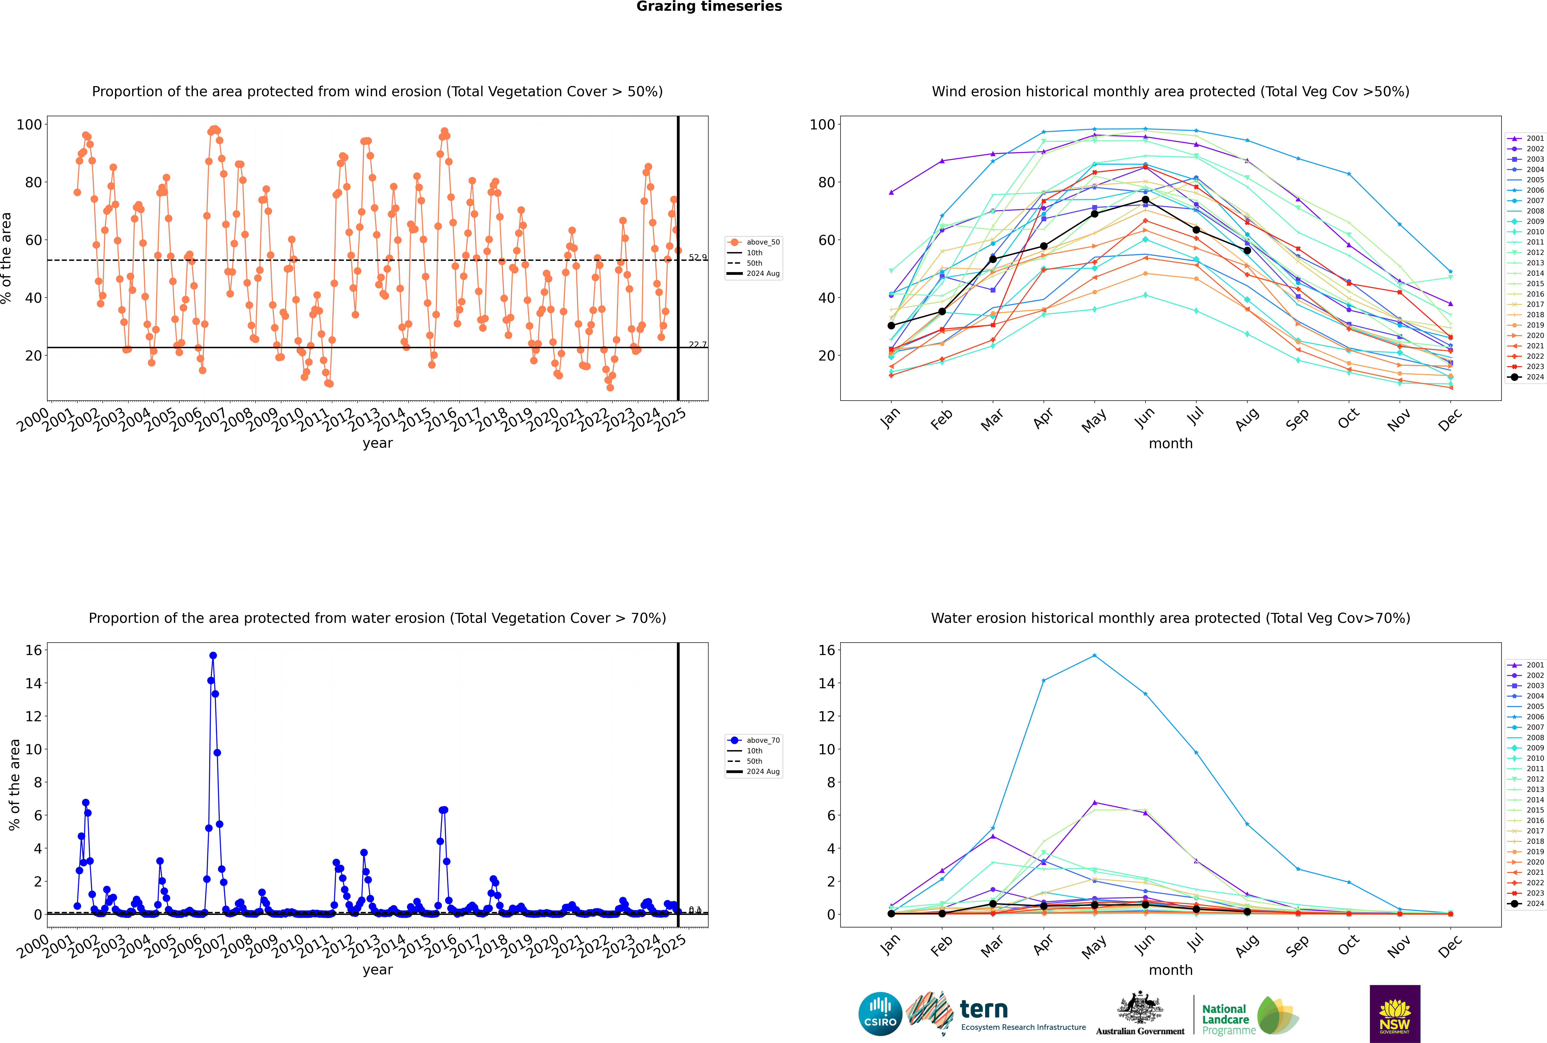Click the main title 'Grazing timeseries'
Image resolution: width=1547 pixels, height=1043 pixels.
(x=709, y=7)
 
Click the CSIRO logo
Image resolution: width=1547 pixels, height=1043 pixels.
(x=880, y=1014)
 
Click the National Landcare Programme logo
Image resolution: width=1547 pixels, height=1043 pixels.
(x=1249, y=1016)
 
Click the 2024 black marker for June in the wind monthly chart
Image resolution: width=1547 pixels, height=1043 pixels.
(x=1145, y=200)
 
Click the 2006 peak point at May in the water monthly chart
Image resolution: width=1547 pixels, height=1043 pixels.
(x=1095, y=656)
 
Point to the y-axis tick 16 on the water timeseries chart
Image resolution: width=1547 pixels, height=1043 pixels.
(x=33, y=650)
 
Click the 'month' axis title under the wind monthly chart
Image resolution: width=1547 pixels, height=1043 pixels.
(x=1171, y=444)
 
